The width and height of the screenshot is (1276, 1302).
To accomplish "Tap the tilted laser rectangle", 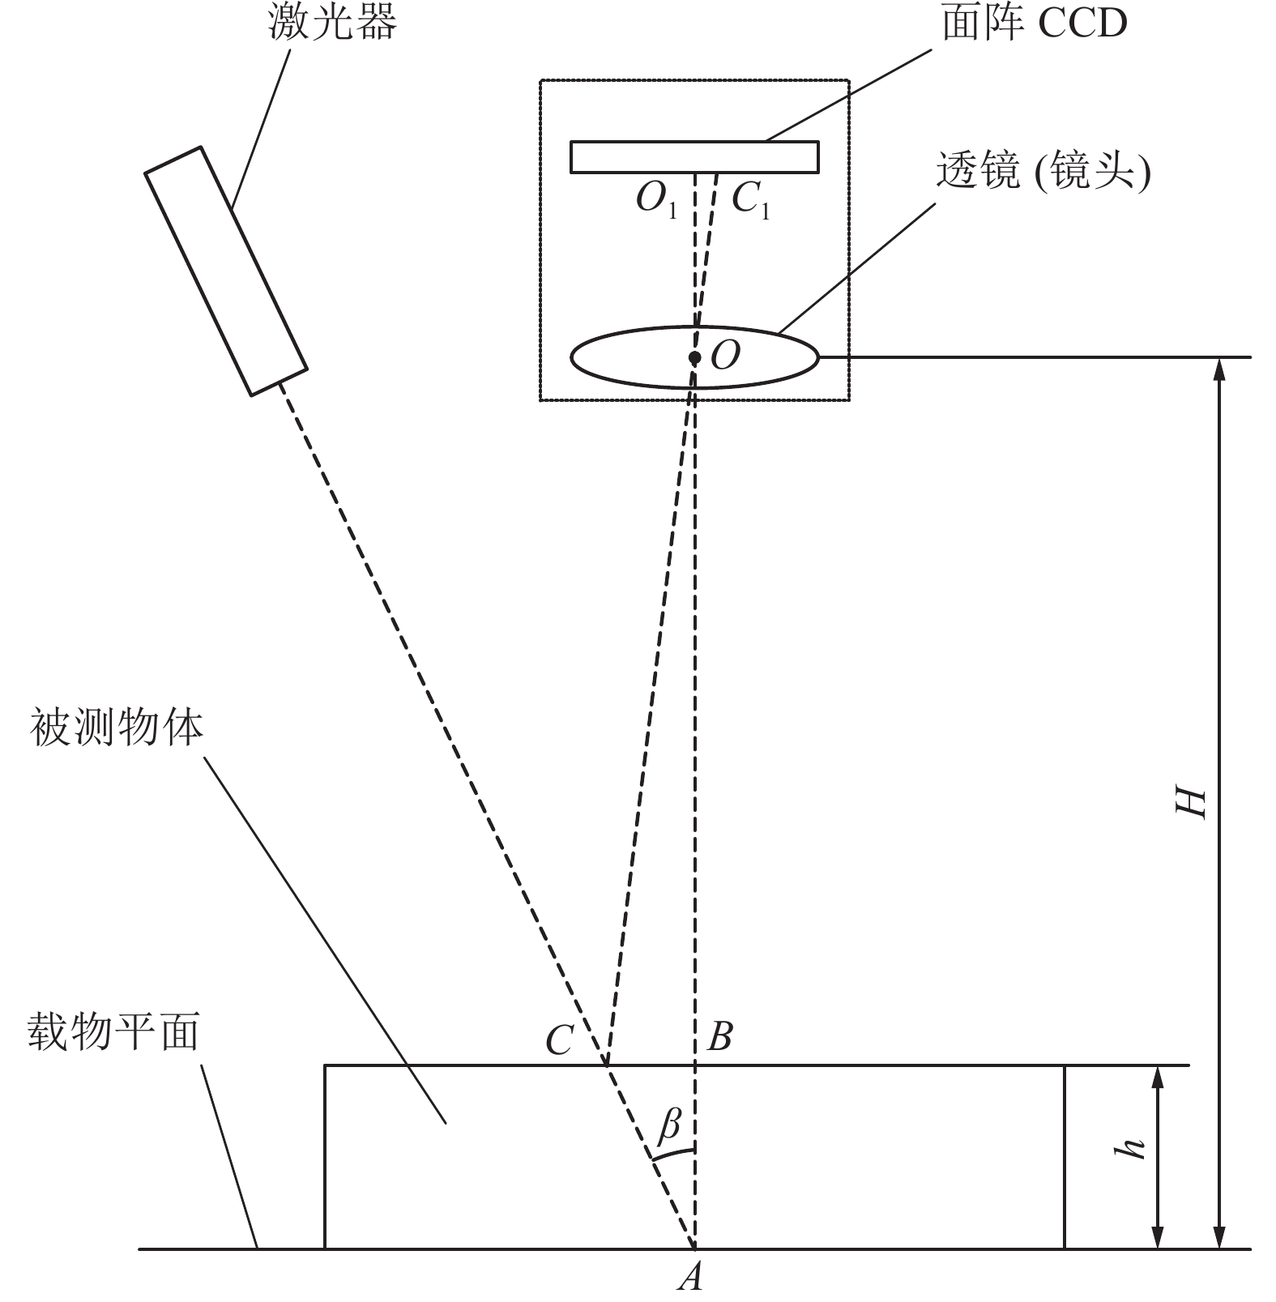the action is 226,271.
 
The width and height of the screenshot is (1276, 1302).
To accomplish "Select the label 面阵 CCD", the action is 1034,23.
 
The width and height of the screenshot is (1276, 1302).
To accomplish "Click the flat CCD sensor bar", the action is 694,157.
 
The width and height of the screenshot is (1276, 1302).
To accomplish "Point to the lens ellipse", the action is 695,356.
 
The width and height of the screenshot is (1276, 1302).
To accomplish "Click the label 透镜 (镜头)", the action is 1043,172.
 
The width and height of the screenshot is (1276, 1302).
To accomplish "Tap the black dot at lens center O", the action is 694,357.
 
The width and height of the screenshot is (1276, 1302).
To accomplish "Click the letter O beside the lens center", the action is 725,355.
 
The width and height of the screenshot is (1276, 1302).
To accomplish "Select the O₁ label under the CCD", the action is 656,199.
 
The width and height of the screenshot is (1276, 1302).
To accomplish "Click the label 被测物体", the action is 117,728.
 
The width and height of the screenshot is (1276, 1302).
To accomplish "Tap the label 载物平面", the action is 113,1032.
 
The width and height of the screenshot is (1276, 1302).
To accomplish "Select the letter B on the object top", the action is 720,1036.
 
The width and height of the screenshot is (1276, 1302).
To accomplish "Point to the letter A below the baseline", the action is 691,1278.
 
